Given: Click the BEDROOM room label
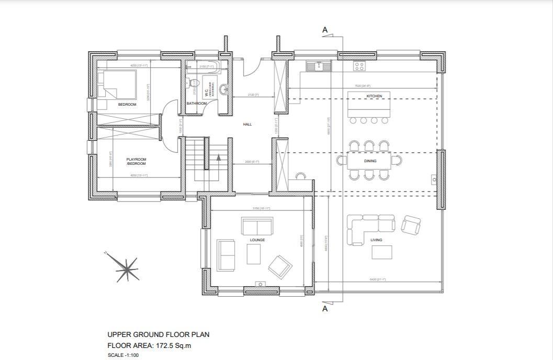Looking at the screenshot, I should coord(127,105).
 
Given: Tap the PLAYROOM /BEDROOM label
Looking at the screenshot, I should coord(136,161).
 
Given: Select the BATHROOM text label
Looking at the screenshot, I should coord(197,104).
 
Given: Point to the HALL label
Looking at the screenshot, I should coord(247,125).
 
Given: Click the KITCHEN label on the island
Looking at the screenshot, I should coord(374,96).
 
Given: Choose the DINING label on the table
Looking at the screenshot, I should coord(370,161).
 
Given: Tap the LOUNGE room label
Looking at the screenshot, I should coord(257,240).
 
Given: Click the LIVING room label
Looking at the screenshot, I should coord(376,240).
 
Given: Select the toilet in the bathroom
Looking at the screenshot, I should coord(193,83).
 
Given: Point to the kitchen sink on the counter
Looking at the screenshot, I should coord(317,66).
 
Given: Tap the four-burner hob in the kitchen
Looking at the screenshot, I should coord(359,66).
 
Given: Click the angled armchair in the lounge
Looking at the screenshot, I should coord(280,266).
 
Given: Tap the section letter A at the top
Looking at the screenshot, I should coord(325,30).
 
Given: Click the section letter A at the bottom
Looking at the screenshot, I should coord(325,309).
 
